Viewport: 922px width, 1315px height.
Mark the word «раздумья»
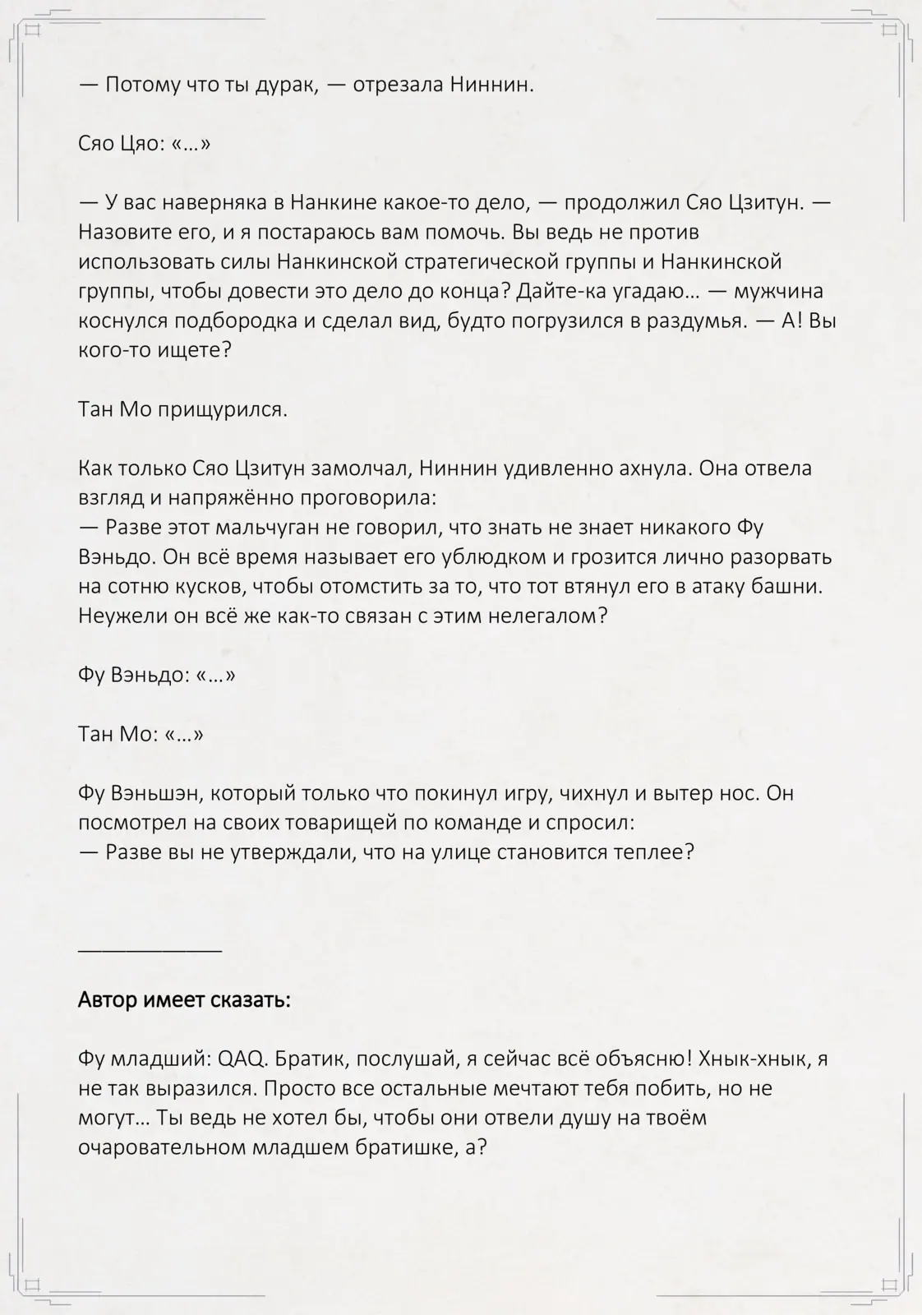click(x=699, y=321)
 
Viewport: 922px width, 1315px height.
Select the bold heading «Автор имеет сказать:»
click(x=184, y=1001)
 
